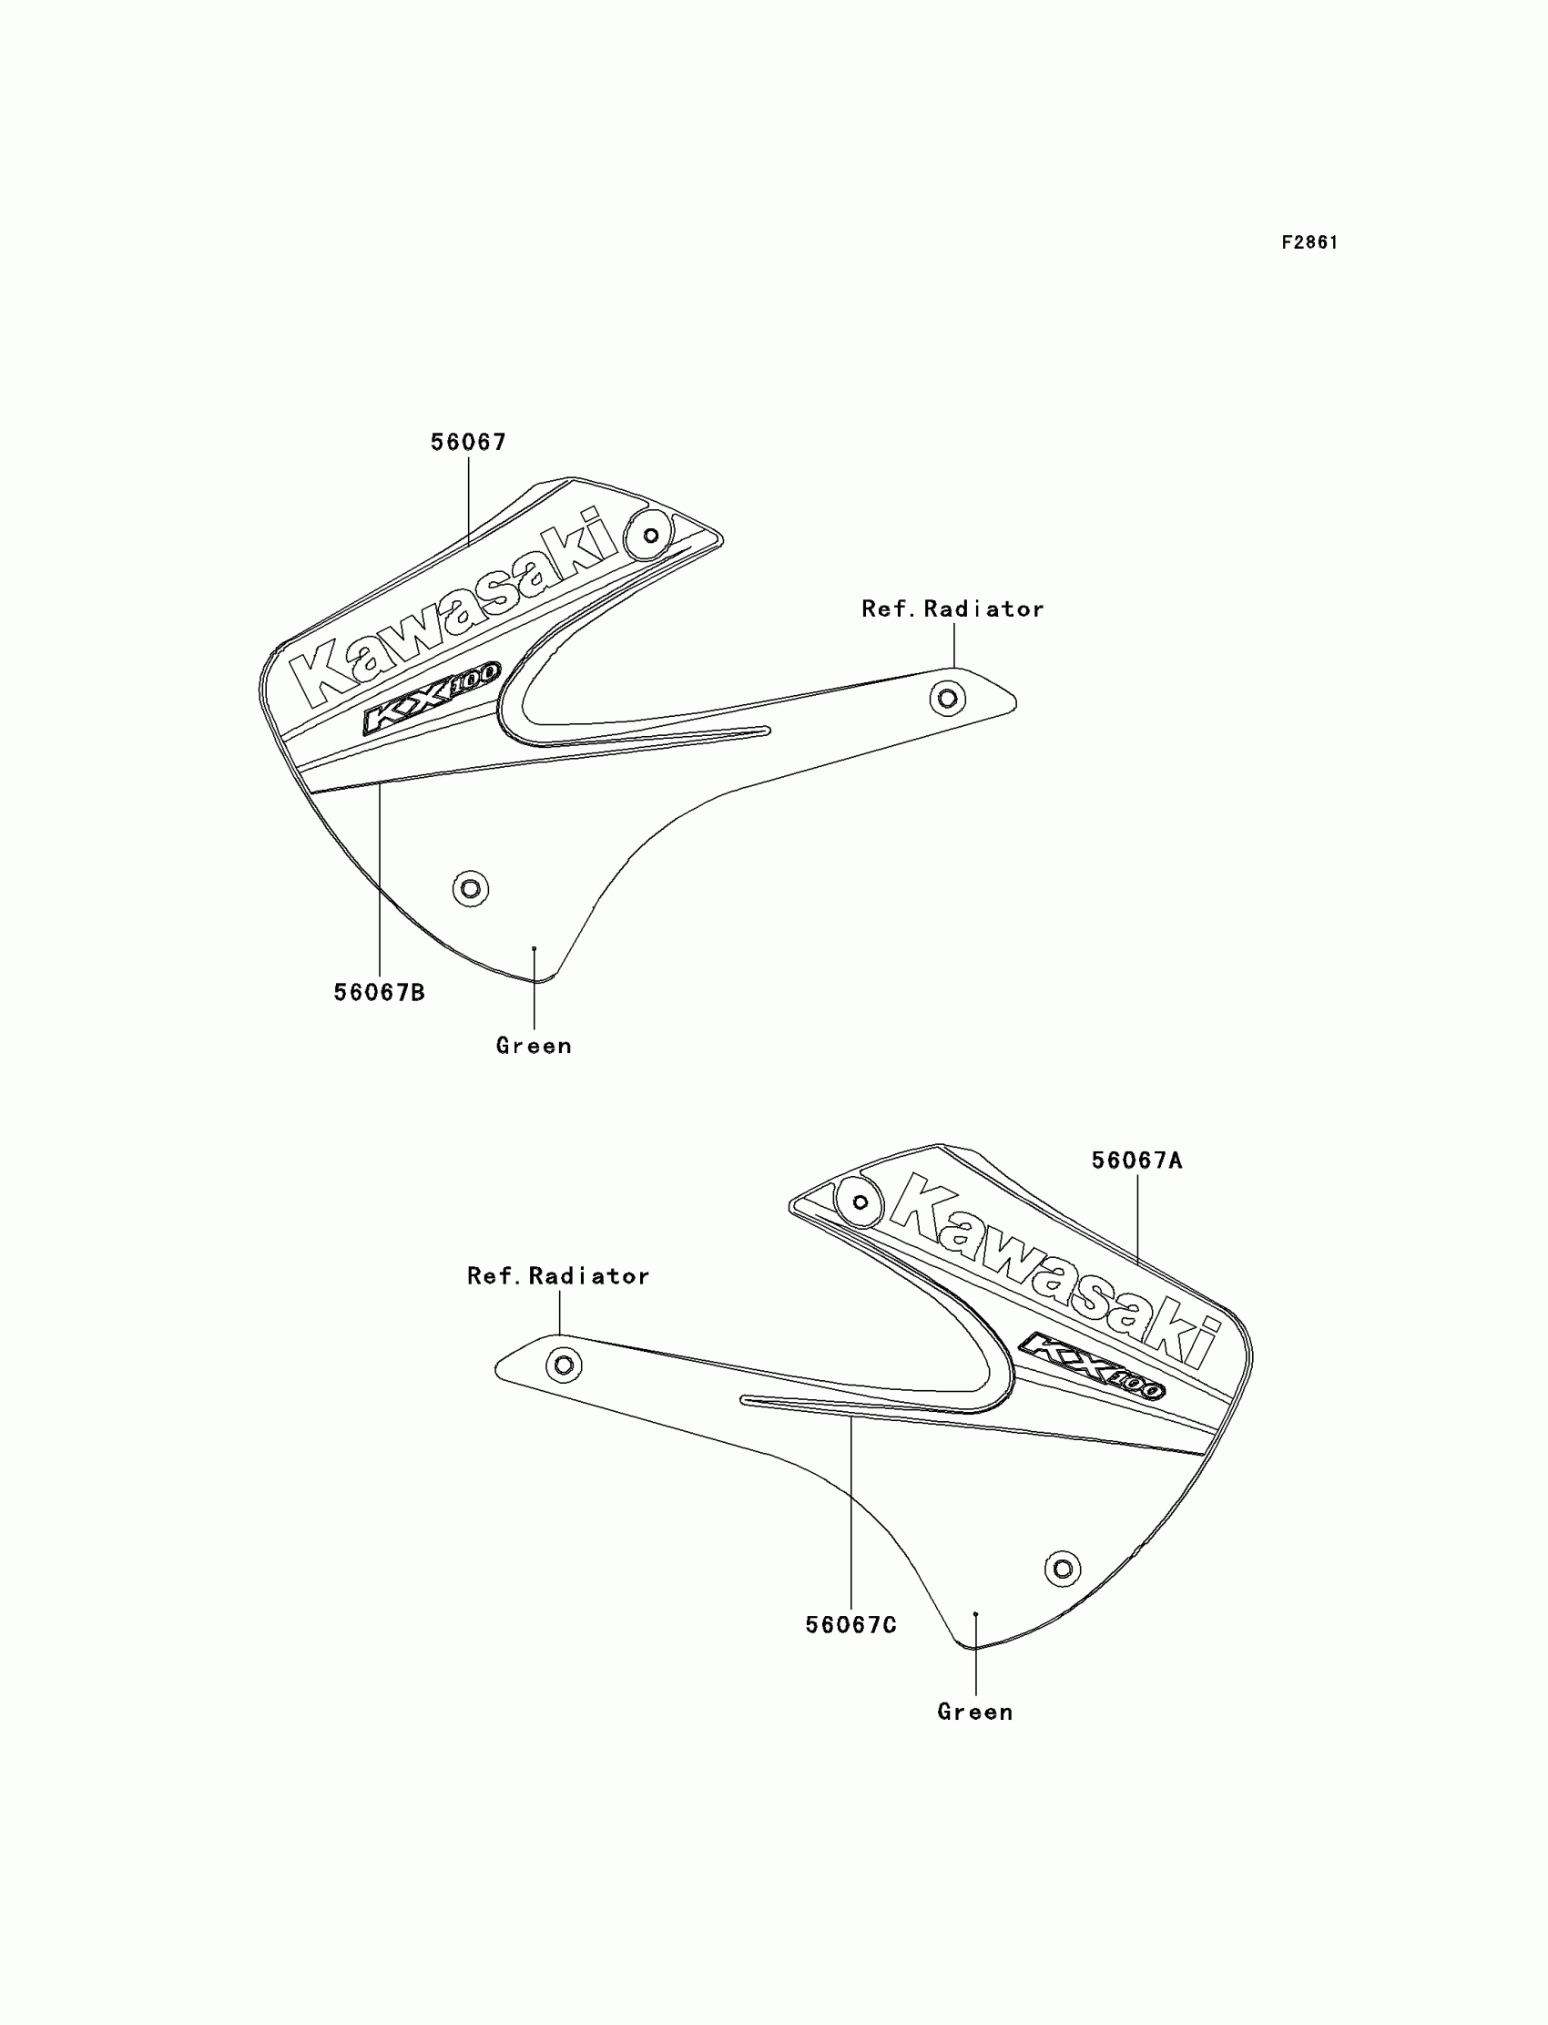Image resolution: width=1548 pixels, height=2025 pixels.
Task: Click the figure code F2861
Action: point(1309,242)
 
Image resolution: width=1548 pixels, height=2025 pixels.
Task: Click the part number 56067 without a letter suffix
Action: point(468,443)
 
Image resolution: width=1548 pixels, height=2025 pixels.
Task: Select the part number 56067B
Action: point(379,993)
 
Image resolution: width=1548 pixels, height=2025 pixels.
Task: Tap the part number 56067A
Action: point(1136,1161)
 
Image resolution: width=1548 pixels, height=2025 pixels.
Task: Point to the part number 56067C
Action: point(850,1625)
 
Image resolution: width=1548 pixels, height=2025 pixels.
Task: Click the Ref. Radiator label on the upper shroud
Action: point(952,609)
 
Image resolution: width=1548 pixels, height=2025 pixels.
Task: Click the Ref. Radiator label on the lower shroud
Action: point(558,1275)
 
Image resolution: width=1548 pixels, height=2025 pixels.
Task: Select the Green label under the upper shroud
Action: point(534,1045)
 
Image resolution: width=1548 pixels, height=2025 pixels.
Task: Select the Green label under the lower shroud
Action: point(975,1712)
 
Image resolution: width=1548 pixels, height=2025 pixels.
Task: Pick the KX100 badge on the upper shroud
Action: point(432,698)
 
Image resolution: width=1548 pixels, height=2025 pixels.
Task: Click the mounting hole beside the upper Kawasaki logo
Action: point(650,536)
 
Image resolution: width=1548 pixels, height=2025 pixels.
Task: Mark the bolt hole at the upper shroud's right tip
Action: point(947,698)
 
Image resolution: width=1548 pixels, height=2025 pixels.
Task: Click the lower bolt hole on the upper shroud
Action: point(471,888)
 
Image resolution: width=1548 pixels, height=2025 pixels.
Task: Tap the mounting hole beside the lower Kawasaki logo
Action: point(860,1202)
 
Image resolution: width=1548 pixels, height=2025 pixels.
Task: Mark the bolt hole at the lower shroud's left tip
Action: point(564,1365)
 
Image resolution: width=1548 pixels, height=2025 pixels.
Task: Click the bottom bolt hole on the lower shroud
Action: point(1063,1568)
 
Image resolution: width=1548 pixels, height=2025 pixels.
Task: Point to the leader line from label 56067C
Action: point(850,1521)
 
